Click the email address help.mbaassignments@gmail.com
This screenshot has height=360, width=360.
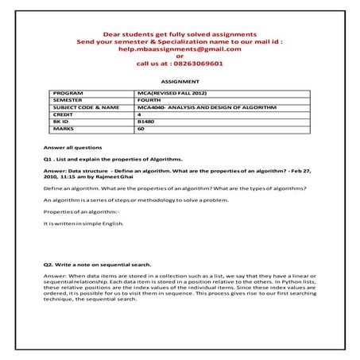(x=179, y=48)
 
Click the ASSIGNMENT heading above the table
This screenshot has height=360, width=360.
(x=179, y=81)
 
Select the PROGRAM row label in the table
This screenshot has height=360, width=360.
(x=68, y=93)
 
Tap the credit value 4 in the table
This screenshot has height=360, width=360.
(x=139, y=114)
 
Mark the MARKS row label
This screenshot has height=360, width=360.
(x=64, y=127)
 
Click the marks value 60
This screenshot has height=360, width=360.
(x=141, y=127)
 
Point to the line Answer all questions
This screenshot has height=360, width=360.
(x=72, y=148)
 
